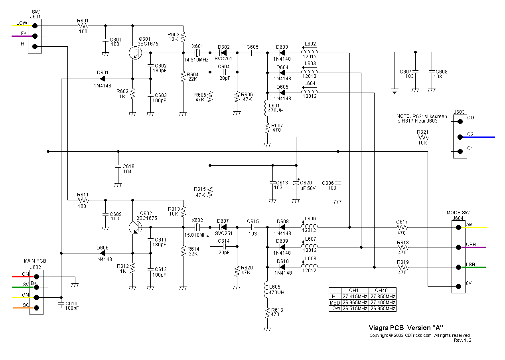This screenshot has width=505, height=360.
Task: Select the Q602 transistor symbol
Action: tap(135, 227)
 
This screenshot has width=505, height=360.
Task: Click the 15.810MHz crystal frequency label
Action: tap(196, 235)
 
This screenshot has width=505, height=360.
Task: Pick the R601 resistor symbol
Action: tap(83, 26)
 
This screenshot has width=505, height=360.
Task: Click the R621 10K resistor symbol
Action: tap(422, 137)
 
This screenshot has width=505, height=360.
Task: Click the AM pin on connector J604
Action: tap(459, 227)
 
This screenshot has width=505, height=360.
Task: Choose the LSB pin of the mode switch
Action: tap(459, 267)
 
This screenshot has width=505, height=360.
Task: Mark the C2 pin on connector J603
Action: tap(460, 137)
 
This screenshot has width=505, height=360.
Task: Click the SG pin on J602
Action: tap(37, 308)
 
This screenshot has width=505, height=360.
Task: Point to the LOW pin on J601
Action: tap(35, 26)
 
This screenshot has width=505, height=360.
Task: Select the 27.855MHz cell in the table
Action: tap(382, 297)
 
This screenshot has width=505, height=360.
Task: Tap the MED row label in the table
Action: tap(335, 303)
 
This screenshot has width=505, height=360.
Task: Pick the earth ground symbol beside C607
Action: tap(395, 91)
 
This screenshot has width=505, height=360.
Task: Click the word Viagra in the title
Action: tap(379, 327)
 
